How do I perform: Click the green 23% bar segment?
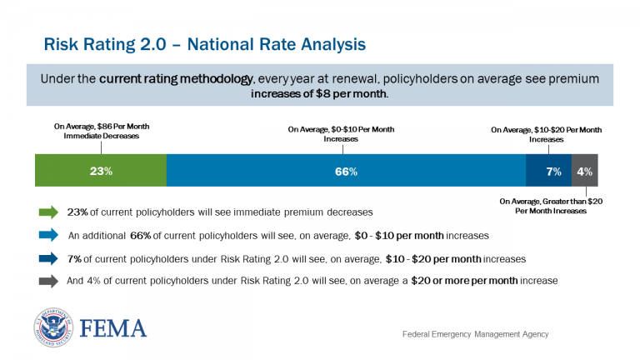(x=101, y=171)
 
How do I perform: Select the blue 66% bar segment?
(x=346, y=171)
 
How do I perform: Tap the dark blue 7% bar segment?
(x=548, y=171)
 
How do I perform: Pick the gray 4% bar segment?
(x=584, y=171)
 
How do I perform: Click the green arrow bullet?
(x=49, y=212)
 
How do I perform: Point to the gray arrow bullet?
(x=49, y=281)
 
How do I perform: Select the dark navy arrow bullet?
(x=49, y=258)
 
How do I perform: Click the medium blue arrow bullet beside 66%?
(x=49, y=235)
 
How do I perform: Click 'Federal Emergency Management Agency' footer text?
(x=475, y=334)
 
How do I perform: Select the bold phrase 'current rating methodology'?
(x=175, y=78)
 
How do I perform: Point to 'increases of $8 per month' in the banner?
(x=319, y=93)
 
